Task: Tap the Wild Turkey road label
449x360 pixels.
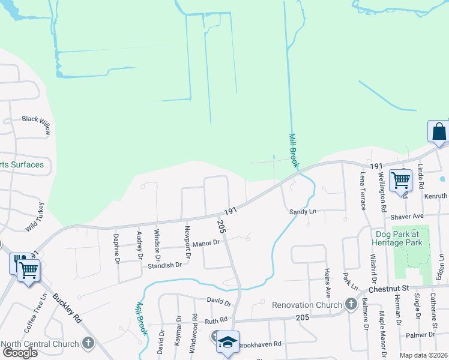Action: pos(35,218)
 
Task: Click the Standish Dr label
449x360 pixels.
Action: pos(165,265)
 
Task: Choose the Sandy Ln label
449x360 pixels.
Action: pos(303,212)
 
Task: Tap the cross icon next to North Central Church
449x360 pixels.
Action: pos(88,344)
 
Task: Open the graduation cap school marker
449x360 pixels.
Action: pos(228,342)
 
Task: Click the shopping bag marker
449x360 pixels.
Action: pos(438,131)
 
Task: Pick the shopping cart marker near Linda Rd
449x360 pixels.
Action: pos(400,179)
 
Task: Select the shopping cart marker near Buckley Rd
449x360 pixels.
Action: pos(28,269)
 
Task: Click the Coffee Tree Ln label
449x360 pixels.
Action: pos(34,308)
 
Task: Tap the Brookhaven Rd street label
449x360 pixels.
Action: pos(259,345)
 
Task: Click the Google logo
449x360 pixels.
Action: pos(20,352)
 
